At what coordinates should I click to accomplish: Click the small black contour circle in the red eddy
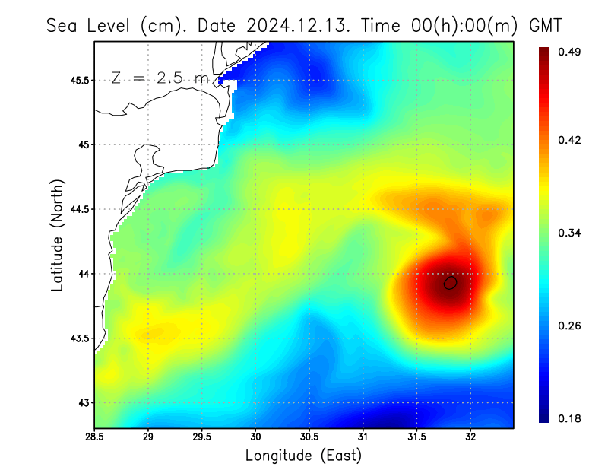pos(451,283)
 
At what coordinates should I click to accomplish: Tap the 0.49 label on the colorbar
pos(570,52)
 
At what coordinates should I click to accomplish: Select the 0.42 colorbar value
pos(570,141)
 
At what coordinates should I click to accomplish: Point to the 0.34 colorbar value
pos(570,233)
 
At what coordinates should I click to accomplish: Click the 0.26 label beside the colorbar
pos(570,326)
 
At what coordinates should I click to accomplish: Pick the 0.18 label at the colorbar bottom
pos(570,419)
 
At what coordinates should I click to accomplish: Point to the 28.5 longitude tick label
pos(95,437)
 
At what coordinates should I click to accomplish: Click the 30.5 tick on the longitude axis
pos(309,437)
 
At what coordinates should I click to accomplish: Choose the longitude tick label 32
pos(470,437)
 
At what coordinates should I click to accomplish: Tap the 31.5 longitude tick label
pos(416,437)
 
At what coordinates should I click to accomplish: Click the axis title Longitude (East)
pos(303,456)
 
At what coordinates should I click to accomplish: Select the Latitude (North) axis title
pos(57,234)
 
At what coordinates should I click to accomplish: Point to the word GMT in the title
pos(545,25)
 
